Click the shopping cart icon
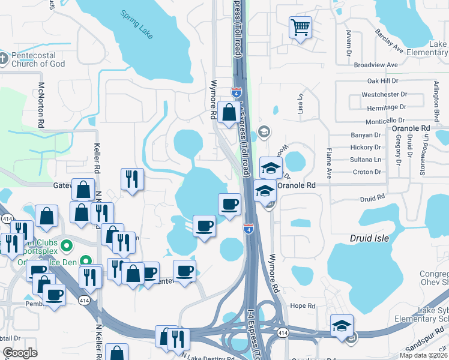click(x=300, y=27)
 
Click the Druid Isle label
click(x=369, y=238)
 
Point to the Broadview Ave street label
click(x=376, y=65)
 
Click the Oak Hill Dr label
click(x=382, y=81)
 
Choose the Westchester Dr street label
click(x=384, y=95)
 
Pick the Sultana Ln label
click(x=366, y=160)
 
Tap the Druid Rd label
click(x=372, y=198)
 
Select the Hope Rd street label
click(x=303, y=306)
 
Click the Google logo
click(x=20, y=353)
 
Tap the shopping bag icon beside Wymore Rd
click(x=229, y=112)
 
